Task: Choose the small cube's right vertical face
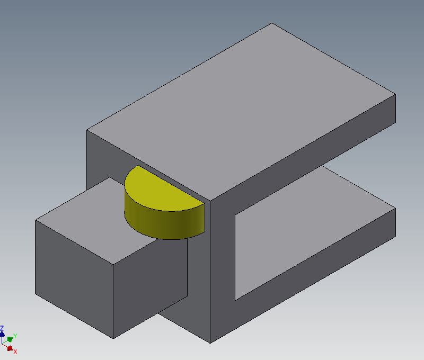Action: pos(150,284)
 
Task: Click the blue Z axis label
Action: pos(2,328)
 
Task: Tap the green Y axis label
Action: pos(15,336)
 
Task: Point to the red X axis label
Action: pos(15,352)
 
